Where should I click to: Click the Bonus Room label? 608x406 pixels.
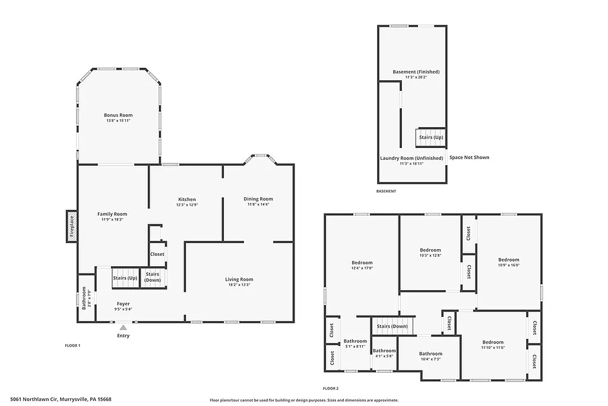[x=118, y=115]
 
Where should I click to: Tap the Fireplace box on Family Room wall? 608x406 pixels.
[x=71, y=226]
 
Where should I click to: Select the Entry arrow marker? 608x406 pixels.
[x=123, y=327]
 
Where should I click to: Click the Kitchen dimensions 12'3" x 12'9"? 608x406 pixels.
[x=186, y=205]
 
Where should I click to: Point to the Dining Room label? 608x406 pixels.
[x=258, y=199]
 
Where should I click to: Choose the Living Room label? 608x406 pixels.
[x=239, y=279]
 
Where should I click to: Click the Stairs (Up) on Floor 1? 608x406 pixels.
[x=125, y=278]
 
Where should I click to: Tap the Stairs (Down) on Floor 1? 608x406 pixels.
[x=153, y=277]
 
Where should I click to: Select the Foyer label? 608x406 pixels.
[x=123, y=304]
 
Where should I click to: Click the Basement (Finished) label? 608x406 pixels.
[x=416, y=72]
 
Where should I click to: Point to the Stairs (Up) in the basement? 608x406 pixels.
[x=430, y=137]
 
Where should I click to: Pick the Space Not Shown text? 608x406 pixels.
[x=469, y=158]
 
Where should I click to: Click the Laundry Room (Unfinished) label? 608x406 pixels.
[x=411, y=158]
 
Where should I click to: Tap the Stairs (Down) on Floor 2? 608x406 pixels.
[x=392, y=326]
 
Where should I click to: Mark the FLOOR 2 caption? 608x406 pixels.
[x=331, y=388]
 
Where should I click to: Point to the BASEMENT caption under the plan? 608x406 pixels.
[x=386, y=191]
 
